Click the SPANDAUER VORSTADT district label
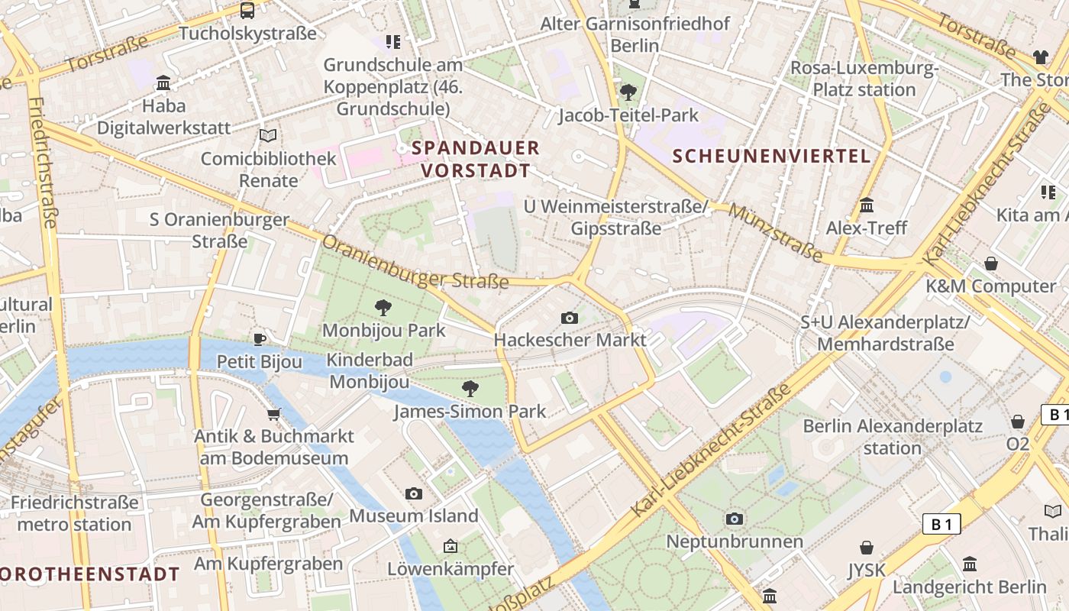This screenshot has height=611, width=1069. (x=476, y=159)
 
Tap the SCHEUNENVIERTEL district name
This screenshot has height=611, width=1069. (x=771, y=157)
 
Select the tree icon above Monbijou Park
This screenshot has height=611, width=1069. (x=383, y=308)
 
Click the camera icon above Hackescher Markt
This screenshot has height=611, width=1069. (x=569, y=318)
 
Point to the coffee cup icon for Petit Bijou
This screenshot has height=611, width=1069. (x=260, y=339)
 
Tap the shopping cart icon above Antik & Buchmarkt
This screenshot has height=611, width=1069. (x=273, y=414)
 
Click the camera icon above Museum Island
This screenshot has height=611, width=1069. (x=414, y=493)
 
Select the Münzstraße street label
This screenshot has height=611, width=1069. (x=775, y=232)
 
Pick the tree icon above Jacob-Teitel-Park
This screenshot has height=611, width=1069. (x=628, y=92)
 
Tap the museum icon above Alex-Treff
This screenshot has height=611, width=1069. (x=867, y=205)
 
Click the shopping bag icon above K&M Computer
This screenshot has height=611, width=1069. (x=991, y=263)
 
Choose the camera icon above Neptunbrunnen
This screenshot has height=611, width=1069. (x=735, y=519)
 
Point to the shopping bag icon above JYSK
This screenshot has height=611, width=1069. (x=867, y=548)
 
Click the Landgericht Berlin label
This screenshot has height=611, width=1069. (x=969, y=587)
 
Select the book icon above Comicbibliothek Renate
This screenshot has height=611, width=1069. (x=267, y=135)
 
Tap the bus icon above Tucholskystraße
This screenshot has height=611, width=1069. (x=247, y=11)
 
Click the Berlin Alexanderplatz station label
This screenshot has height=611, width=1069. (x=892, y=436)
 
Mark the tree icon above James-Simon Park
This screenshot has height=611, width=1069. (x=470, y=389)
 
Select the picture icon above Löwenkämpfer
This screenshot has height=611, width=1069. (x=451, y=546)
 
